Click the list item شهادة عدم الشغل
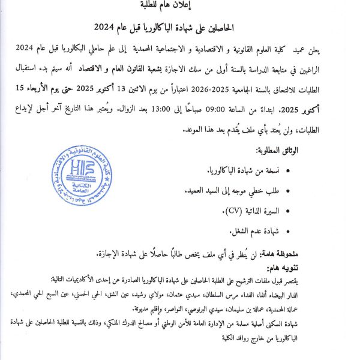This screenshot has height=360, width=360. tap(253, 230)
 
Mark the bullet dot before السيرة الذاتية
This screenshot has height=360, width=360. tap(290, 211)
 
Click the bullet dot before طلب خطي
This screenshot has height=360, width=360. tap(290, 191)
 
